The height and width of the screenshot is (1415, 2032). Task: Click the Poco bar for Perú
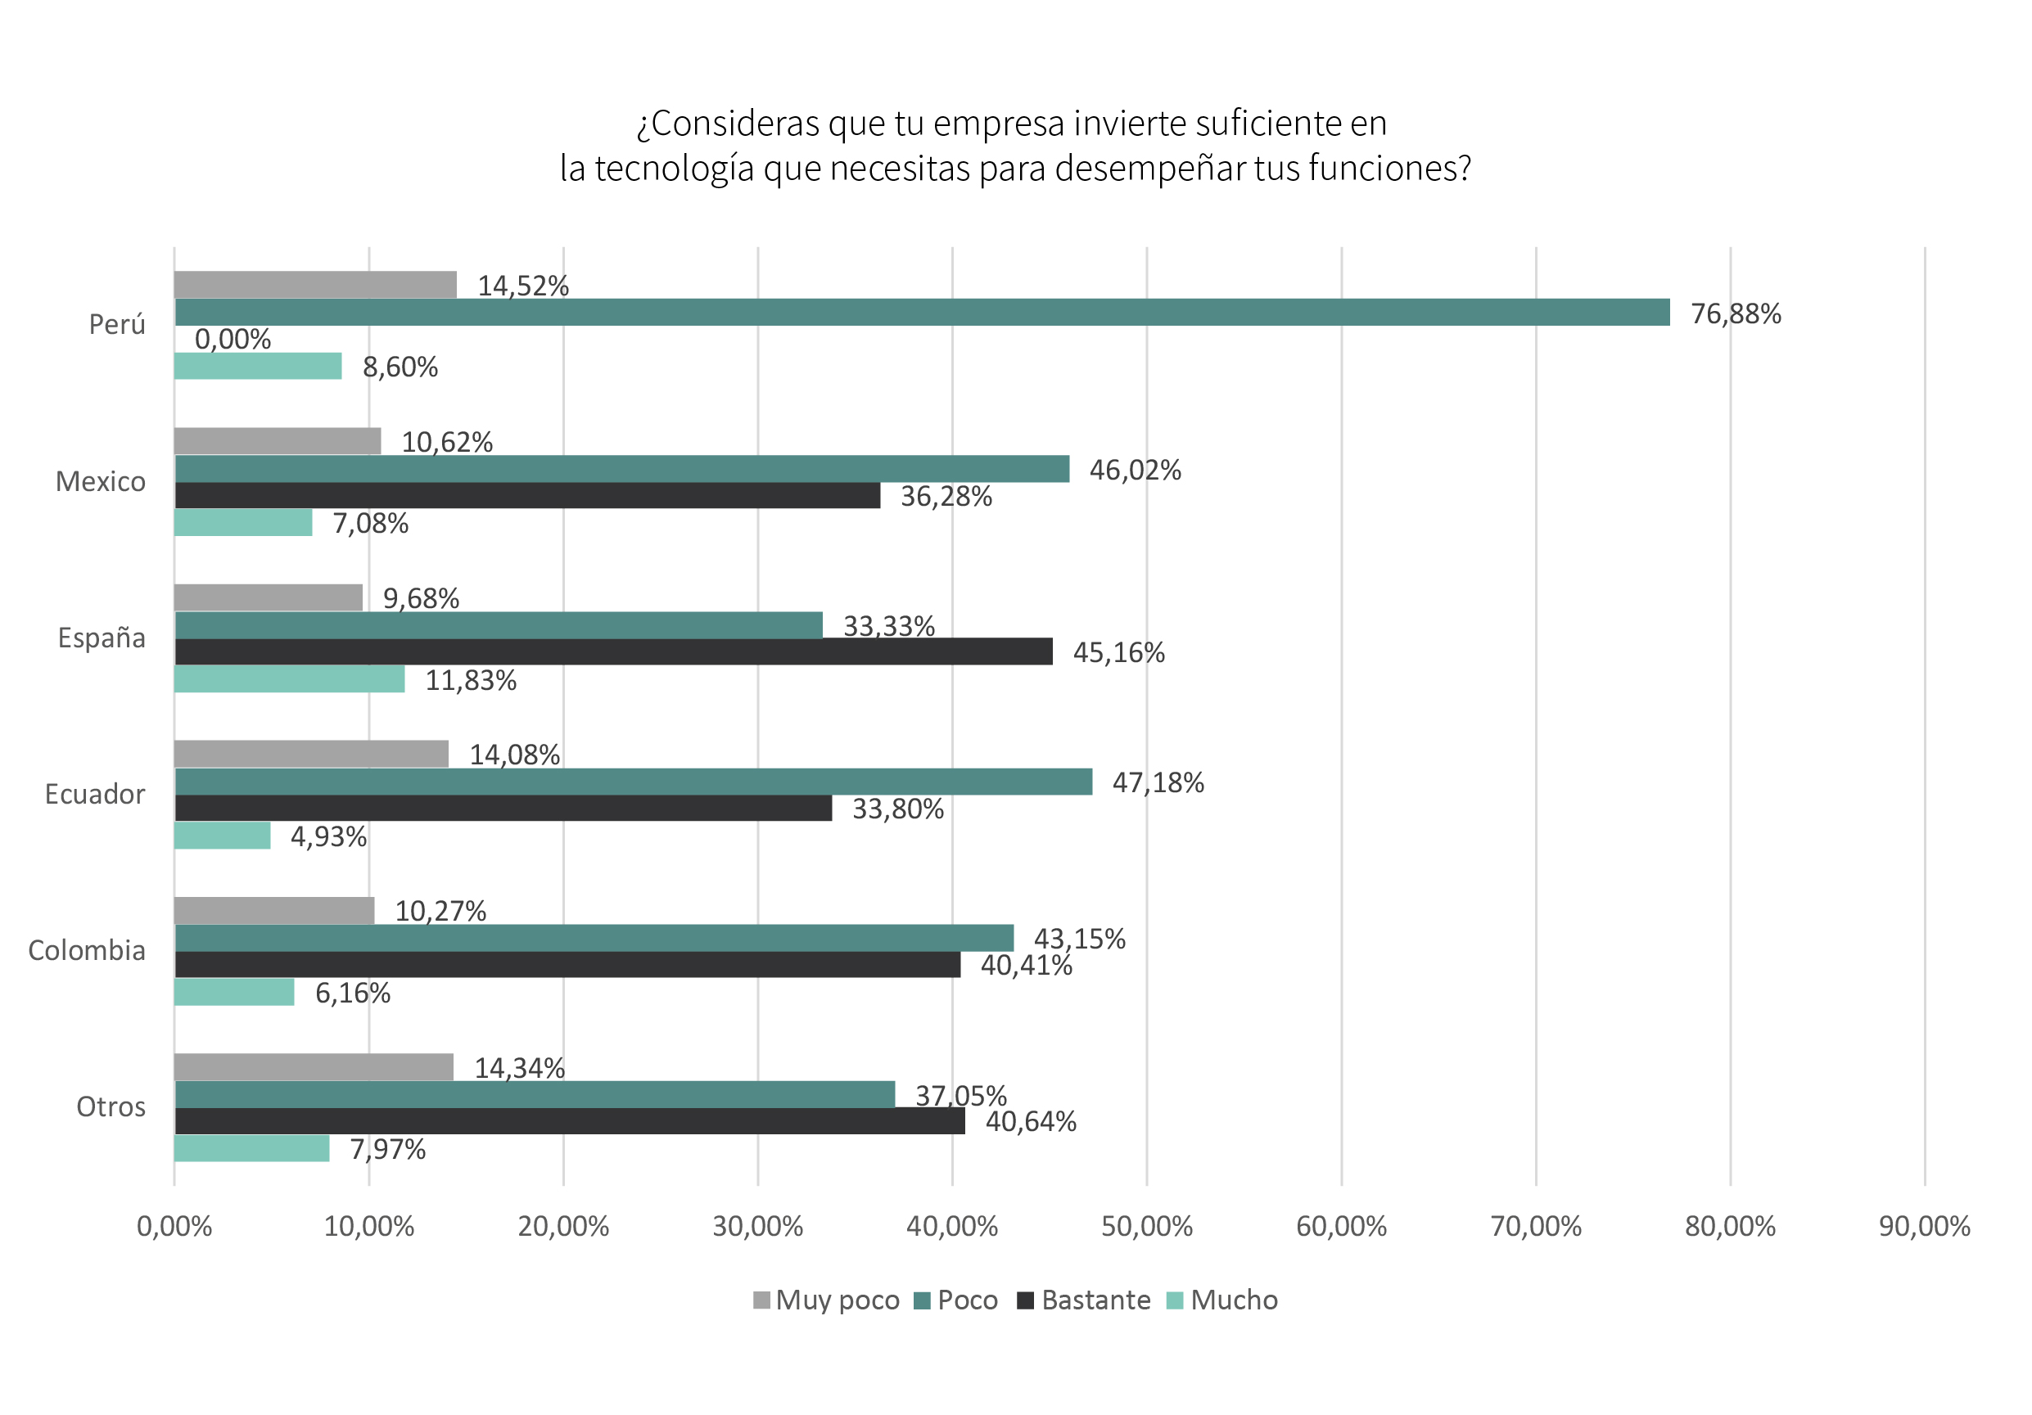tap(920, 313)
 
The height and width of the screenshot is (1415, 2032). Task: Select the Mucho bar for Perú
tap(258, 366)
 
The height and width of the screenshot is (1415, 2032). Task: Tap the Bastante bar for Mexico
tap(526, 496)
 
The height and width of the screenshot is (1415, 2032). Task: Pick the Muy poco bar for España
tap(269, 597)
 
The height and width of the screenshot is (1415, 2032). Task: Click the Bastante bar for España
tap(612, 652)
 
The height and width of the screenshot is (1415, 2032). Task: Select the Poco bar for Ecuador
tap(633, 782)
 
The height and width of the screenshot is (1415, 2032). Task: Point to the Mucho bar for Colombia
tap(234, 992)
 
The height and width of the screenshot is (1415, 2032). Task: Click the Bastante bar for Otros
tap(569, 1121)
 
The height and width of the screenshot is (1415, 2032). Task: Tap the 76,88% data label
tap(1735, 314)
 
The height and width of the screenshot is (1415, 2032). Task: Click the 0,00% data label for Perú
tap(233, 339)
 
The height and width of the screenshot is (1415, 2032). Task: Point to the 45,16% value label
tap(1118, 653)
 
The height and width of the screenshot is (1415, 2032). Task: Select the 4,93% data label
tap(328, 837)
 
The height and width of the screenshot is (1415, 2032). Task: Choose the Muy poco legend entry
tap(826, 1300)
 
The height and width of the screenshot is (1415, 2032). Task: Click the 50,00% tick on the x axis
tap(1146, 1227)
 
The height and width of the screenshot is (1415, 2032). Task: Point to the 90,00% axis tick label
tap(1924, 1227)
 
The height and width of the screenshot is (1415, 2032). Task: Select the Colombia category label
tap(87, 950)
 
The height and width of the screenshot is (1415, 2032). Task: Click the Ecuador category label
tap(95, 795)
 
